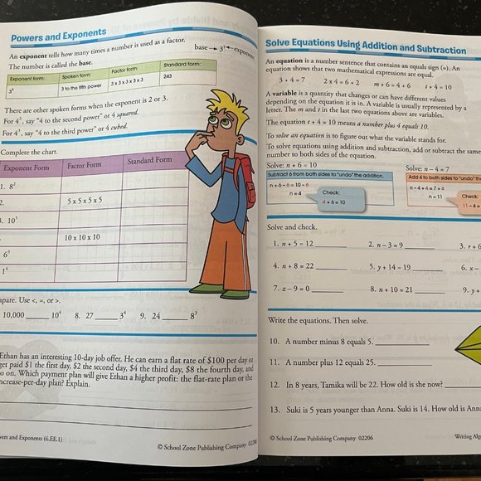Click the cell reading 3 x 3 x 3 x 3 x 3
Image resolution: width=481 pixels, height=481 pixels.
135,85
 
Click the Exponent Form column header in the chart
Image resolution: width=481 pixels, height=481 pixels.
27,168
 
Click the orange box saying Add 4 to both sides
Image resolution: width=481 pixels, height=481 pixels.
443,178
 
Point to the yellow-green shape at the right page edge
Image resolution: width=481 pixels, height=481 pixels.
464,346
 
